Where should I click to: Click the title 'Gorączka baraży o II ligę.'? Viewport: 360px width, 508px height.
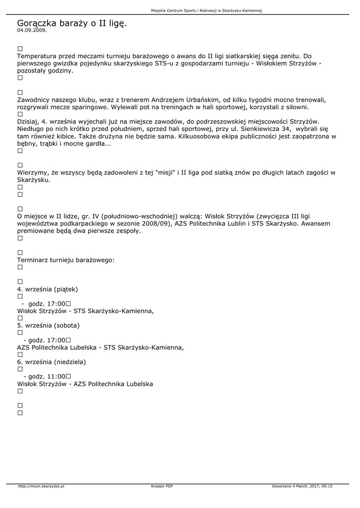click(72, 23)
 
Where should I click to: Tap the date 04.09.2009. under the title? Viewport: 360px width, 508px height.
click(32, 30)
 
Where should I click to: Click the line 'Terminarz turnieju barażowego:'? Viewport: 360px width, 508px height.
click(66, 260)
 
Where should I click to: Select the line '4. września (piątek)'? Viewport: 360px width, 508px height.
click(48, 289)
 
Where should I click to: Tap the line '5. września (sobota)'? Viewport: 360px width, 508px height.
click(48, 325)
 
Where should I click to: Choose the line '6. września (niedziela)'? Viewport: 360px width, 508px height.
click(51, 362)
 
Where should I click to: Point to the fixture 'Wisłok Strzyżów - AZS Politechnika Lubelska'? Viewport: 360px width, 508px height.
click(85, 384)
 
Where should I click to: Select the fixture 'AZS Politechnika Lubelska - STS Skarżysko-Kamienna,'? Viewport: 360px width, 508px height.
click(100, 347)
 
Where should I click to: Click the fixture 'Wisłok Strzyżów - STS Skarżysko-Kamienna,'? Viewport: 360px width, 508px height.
click(85, 311)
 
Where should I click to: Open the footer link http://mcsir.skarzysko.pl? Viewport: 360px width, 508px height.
click(41, 486)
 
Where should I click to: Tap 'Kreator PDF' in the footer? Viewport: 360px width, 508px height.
click(162, 486)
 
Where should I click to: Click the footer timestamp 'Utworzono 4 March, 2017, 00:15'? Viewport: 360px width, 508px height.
click(302, 486)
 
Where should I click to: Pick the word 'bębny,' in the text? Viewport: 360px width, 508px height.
click(28, 143)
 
